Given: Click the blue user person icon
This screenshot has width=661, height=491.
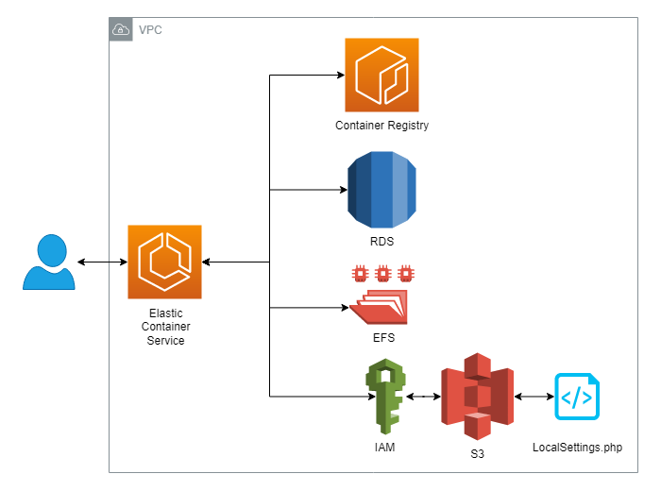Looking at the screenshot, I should (x=49, y=262).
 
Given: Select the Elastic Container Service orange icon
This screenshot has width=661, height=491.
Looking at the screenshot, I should (x=164, y=262).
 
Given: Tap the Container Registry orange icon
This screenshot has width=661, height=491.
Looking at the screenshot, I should (x=381, y=75).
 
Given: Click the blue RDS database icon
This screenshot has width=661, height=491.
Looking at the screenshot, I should (x=381, y=190).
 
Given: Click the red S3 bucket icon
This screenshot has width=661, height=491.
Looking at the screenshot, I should (x=476, y=397).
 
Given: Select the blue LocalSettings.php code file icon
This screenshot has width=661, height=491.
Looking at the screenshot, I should (x=577, y=397).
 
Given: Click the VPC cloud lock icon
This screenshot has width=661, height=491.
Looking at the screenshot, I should (x=121, y=30).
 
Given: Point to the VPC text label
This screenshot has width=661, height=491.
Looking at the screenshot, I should (x=150, y=30).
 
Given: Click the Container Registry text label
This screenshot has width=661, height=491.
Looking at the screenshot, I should (x=381, y=126).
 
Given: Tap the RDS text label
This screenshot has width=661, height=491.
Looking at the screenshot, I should (x=381, y=242).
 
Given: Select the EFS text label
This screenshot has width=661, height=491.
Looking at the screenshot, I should (x=381, y=337).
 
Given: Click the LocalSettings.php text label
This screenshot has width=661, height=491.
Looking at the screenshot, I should (x=578, y=447).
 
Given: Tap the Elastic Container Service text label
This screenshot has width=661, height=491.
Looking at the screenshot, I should (x=166, y=327).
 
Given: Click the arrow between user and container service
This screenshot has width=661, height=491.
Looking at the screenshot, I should (x=102, y=262).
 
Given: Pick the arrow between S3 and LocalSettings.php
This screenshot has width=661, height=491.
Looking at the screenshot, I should (x=533, y=397).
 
